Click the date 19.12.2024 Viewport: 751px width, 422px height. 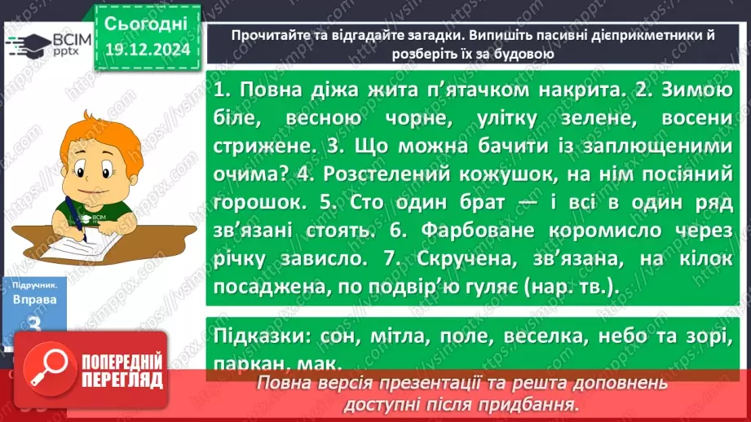coord(146,51)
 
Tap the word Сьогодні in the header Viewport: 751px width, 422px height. coord(146,22)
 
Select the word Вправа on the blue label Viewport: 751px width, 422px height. coord(34,298)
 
